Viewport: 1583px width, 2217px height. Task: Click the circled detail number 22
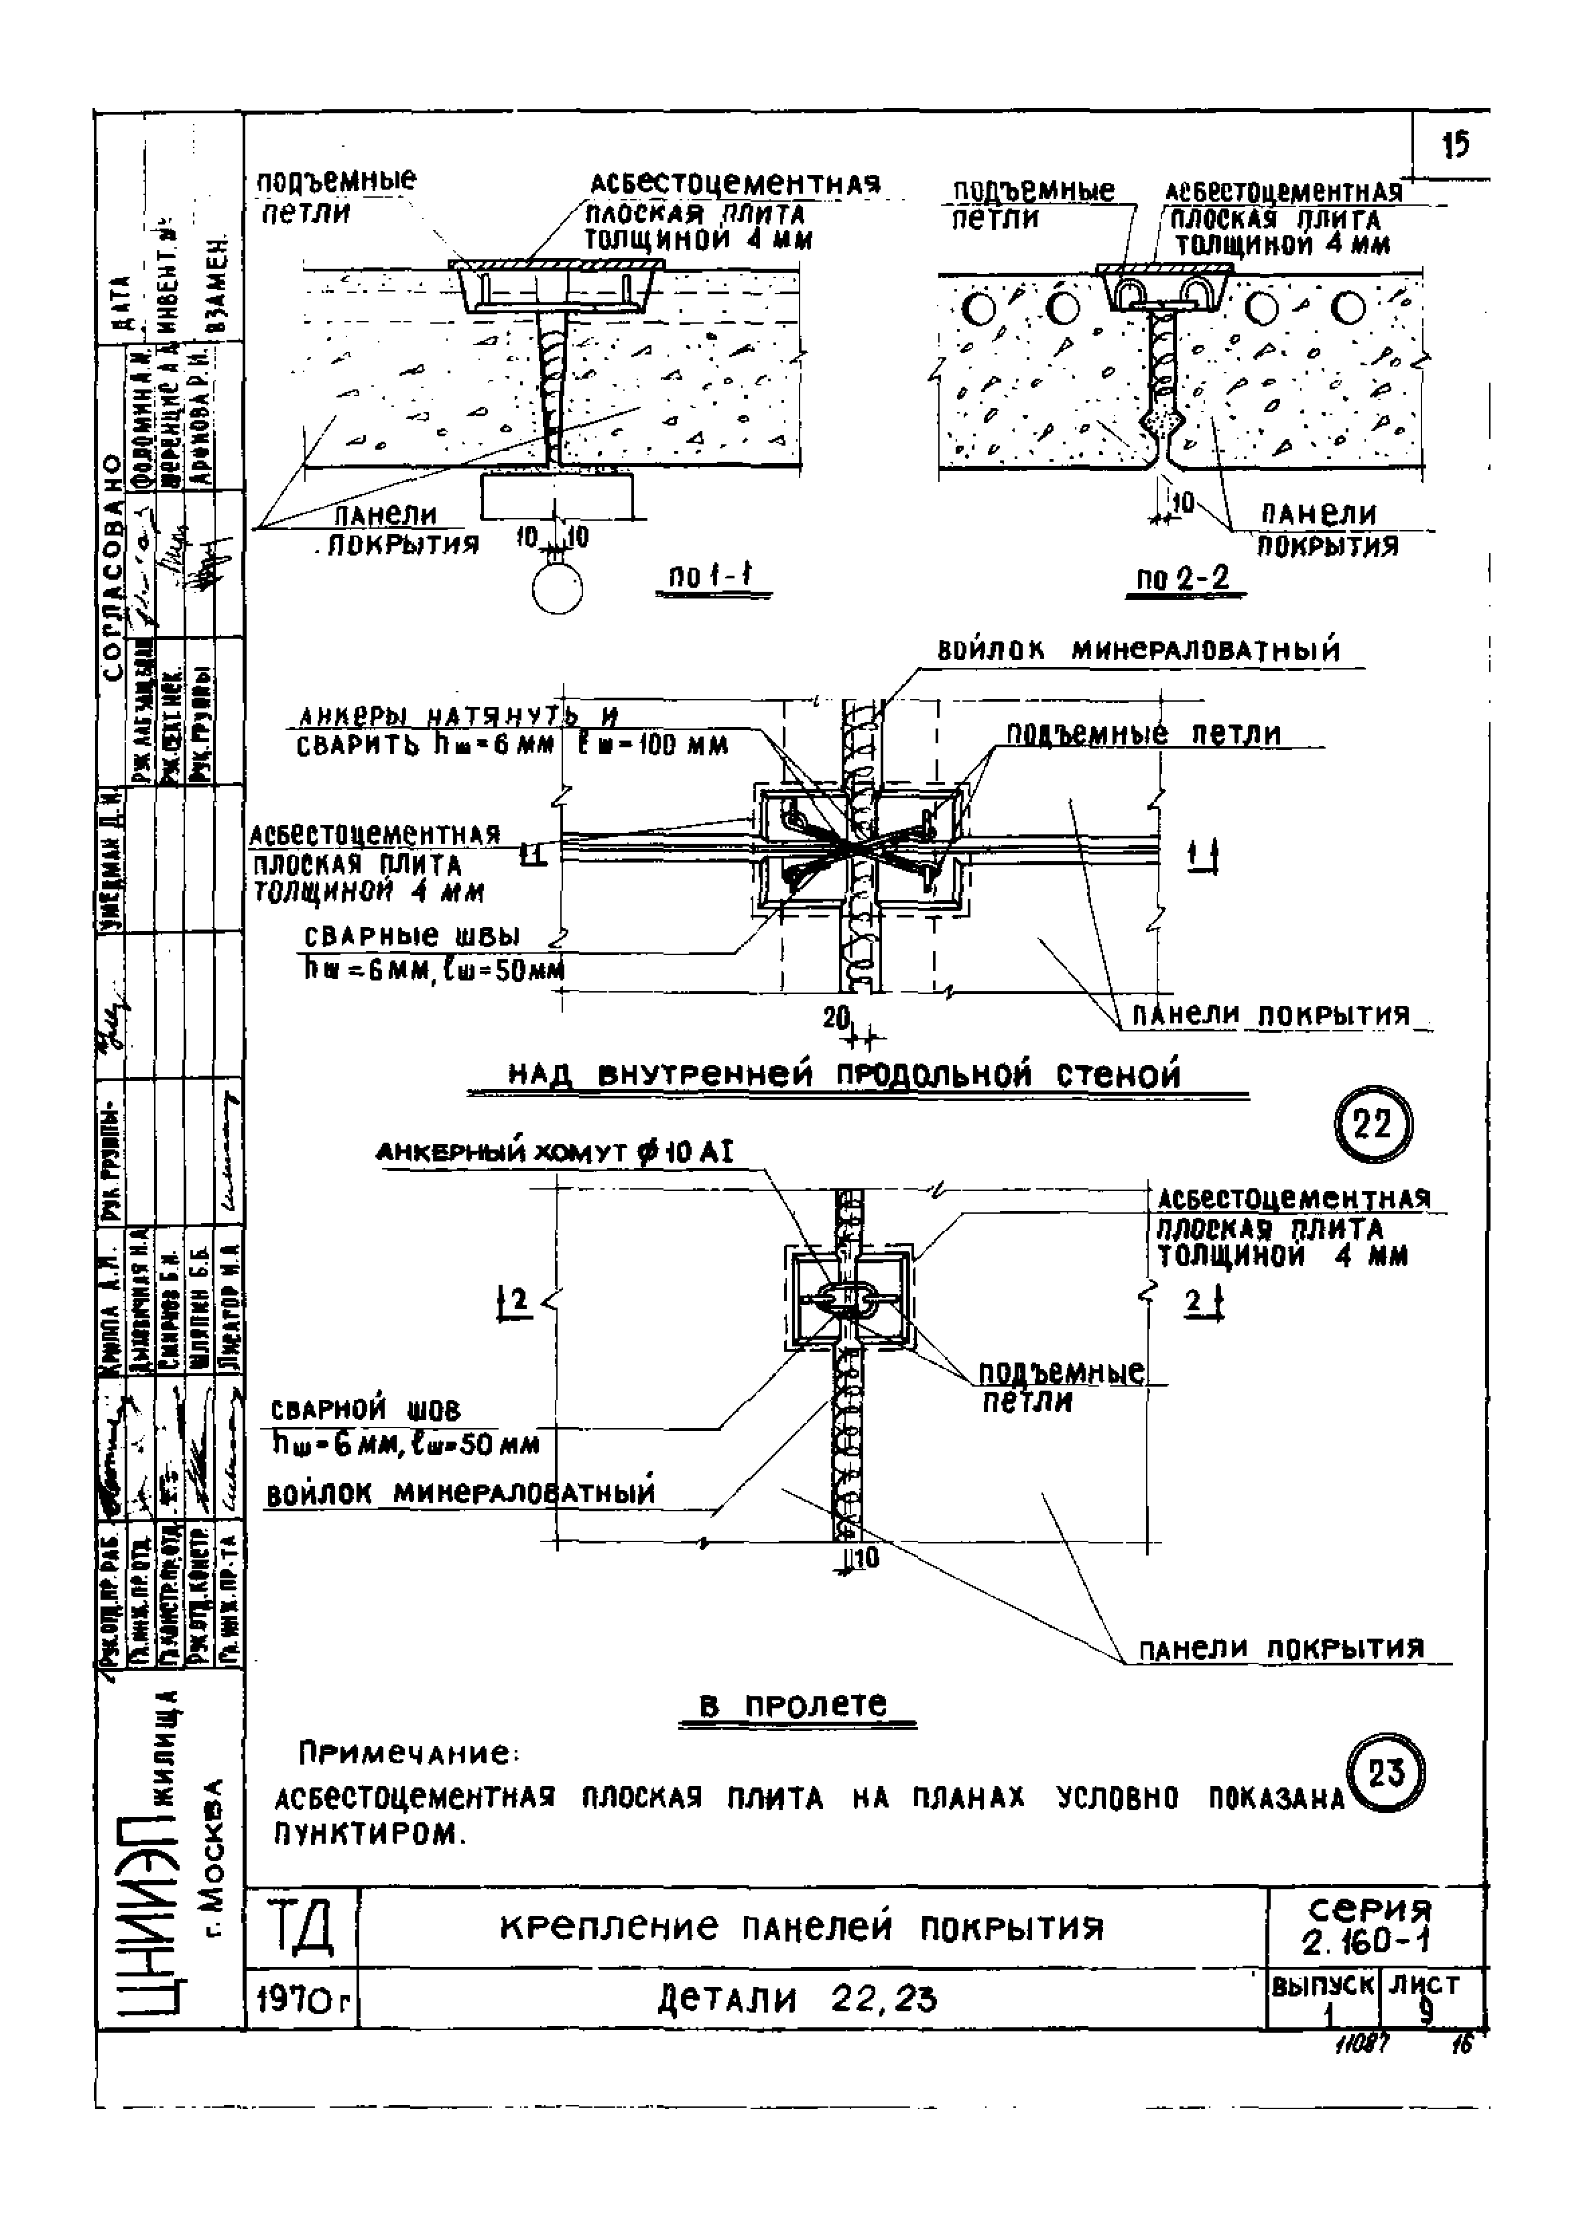coord(1373,1127)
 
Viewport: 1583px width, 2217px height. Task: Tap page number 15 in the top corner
coord(1455,145)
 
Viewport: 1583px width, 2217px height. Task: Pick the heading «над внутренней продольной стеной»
coord(844,1075)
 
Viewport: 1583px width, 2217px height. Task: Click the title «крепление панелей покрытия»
coord(802,1927)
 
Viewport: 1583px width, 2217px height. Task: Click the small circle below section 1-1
coord(558,590)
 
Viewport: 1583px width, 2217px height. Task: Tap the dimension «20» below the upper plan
coord(837,1017)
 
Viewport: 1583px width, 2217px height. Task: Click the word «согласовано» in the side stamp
coord(113,565)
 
